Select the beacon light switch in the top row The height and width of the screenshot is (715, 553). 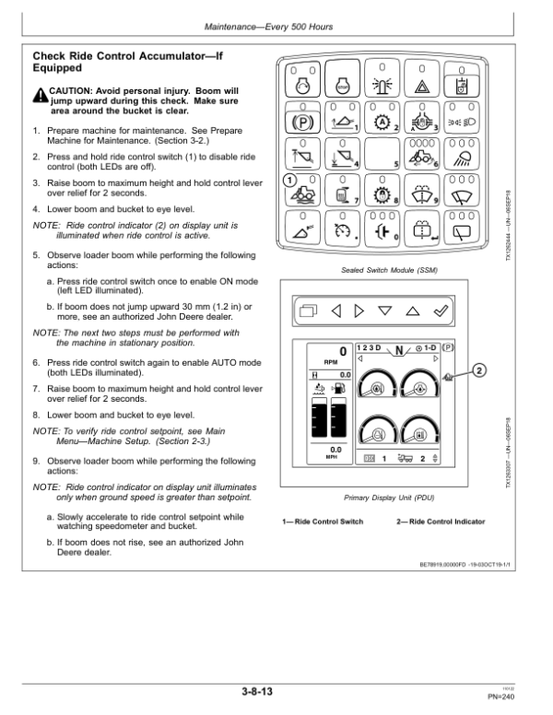[x=381, y=83]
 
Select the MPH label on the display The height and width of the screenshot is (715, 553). [x=335, y=458]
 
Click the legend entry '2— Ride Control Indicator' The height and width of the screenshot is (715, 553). [x=440, y=522]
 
